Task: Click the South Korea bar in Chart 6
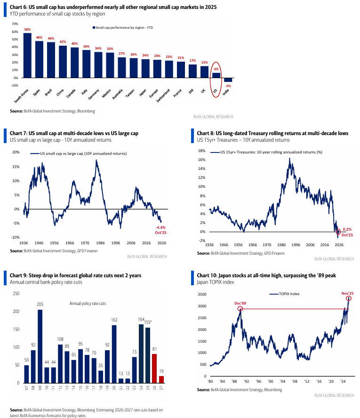point(27,56)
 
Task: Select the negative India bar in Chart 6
point(228,80)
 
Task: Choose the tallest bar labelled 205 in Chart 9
point(40,346)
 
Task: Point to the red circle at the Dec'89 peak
point(240,309)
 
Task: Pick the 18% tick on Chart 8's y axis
point(202,151)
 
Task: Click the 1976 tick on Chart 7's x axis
point(83,243)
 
